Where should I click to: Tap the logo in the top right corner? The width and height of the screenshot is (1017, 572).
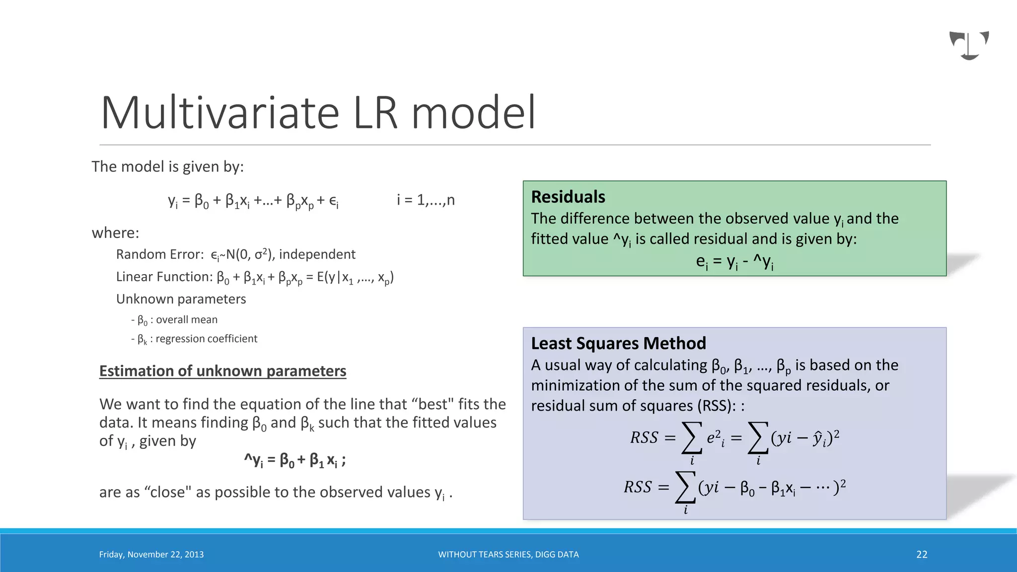(x=969, y=45)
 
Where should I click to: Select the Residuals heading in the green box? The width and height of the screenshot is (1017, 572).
(x=568, y=197)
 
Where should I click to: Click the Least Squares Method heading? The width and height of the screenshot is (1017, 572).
(x=618, y=344)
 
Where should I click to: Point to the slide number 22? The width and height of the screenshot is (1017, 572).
(x=922, y=555)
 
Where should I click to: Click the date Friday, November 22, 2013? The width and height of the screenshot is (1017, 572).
(x=151, y=555)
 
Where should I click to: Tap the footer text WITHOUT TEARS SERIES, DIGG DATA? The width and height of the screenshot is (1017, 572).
(x=508, y=555)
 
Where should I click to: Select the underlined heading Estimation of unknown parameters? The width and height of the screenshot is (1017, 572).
(x=222, y=371)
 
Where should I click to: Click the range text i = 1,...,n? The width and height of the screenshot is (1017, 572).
(x=426, y=200)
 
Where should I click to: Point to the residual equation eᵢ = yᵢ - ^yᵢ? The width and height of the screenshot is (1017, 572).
(x=734, y=262)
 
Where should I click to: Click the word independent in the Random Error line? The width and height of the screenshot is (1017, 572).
(x=317, y=255)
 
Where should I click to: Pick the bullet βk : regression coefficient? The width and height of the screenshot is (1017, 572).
(x=194, y=339)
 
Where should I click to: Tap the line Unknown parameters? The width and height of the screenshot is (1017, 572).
(x=181, y=299)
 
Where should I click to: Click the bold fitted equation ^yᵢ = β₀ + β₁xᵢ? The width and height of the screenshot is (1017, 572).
(x=294, y=460)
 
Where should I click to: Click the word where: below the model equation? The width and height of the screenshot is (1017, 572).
(x=115, y=233)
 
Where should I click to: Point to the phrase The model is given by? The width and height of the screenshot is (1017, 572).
(x=167, y=167)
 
